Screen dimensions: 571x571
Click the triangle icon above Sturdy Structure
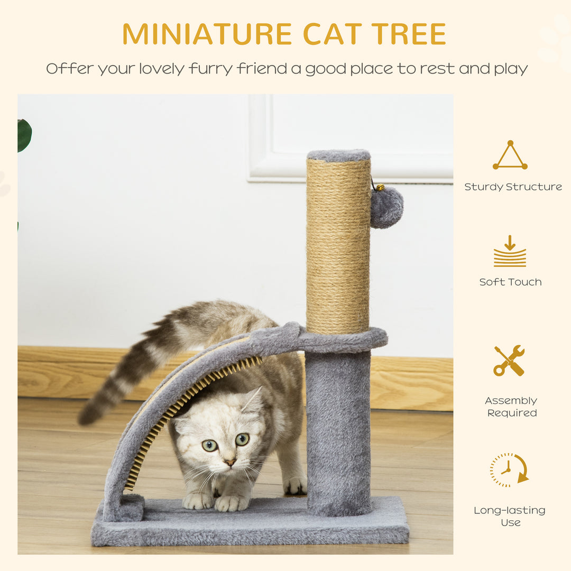510,156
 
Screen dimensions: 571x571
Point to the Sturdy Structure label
513,187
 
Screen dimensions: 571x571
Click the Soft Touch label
510,282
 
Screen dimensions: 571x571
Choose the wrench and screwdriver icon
509,361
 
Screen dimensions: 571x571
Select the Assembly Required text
511,407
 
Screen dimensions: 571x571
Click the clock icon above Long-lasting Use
509,469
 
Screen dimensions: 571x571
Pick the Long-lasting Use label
510,516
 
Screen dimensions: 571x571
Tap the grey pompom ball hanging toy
386,207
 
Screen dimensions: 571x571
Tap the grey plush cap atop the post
338,155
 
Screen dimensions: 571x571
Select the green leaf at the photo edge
24,135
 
